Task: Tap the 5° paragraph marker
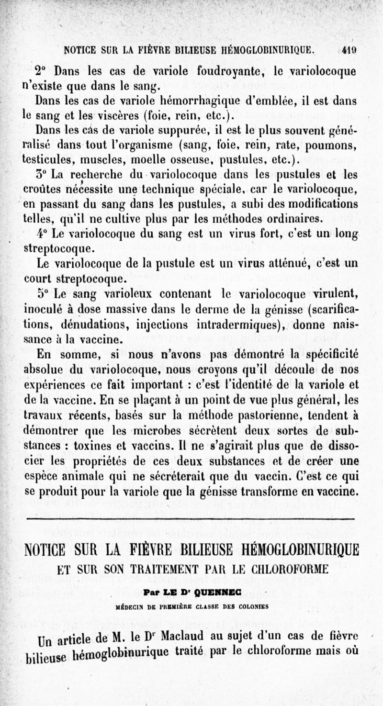pos(43,293)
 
